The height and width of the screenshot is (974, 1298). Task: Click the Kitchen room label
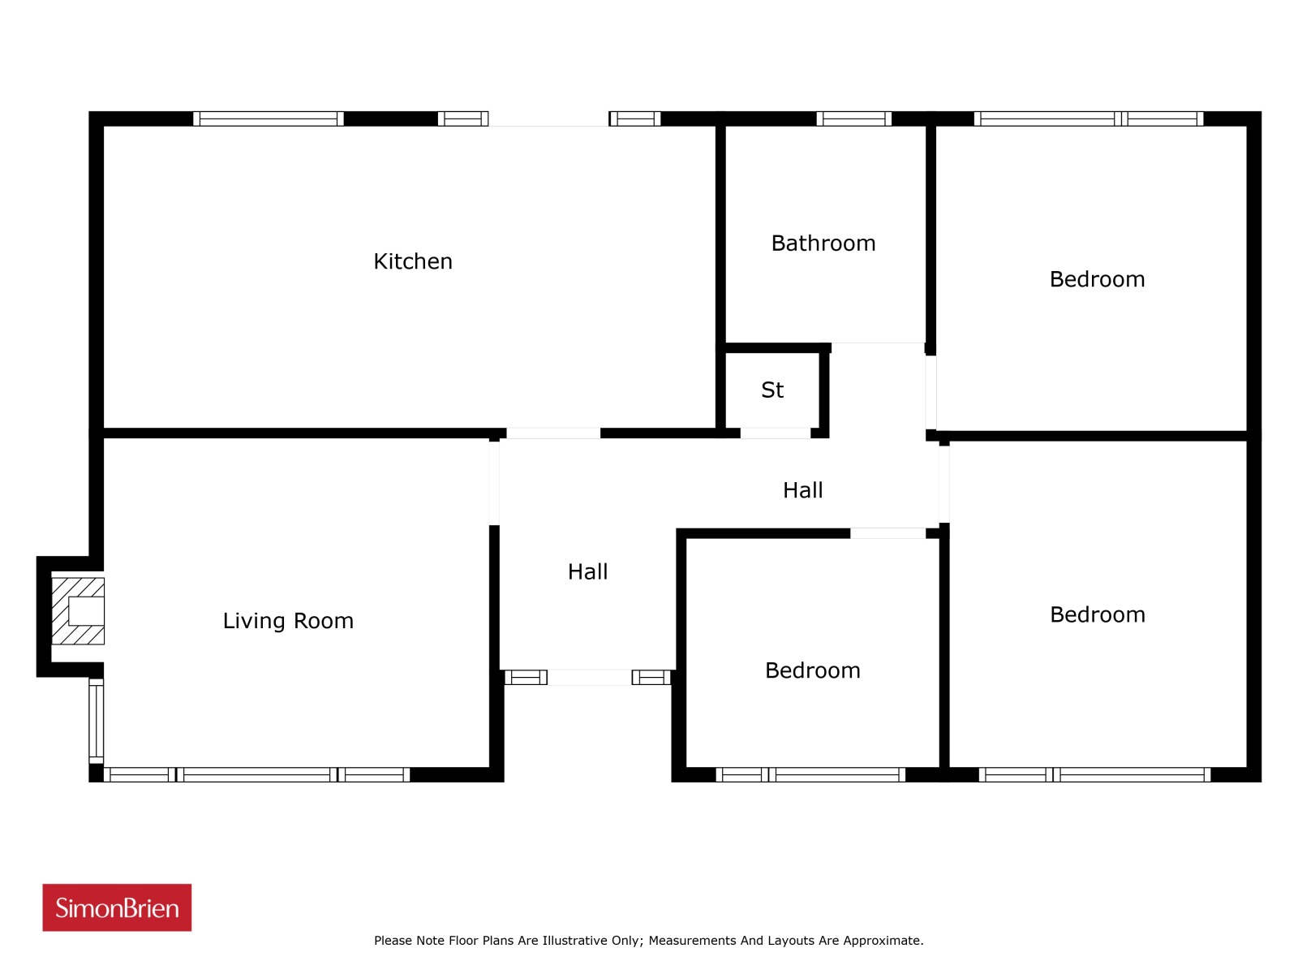coord(413,261)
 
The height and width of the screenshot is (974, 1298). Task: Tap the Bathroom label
coord(823,243)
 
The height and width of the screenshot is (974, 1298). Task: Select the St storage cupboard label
coord(772,390)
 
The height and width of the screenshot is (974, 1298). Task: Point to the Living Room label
coord(288,620)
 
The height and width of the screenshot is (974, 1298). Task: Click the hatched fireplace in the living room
coord(78,611)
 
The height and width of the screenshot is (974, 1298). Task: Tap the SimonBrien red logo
coord(117,907)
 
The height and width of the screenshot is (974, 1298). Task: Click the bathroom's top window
coord(854,119)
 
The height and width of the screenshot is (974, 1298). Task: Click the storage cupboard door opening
coord(776,433)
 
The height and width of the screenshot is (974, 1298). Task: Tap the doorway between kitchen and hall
coord(553,433)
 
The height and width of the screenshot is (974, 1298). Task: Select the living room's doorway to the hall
coord(494,483)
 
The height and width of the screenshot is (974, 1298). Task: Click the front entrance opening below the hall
coord(590,678)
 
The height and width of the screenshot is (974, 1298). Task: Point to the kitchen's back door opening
coord(548,119)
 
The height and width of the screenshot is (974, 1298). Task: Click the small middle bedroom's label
coord(813,670)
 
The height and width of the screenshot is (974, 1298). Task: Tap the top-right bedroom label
coord(1097,279)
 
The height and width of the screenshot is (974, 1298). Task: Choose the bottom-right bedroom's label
coord(1098,615)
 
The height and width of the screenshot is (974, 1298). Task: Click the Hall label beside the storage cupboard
coord(802,490)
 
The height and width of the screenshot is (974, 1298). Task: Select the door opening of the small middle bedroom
coord(888,533)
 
